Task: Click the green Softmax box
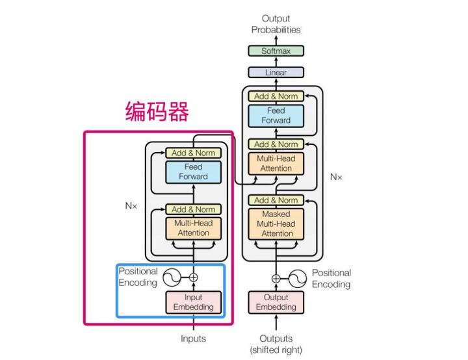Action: pos(276,51)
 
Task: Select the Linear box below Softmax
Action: pos(276,73)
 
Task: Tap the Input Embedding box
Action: pos(193,302)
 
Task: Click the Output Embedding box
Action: pos(276,302)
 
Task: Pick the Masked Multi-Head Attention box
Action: pos(276,224)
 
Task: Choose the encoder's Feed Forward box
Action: pos(193,172)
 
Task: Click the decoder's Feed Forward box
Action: pos(276,116)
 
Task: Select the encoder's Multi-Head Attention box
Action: pos(193,227)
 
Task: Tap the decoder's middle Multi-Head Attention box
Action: pos(276,162)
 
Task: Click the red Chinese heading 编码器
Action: pos(157,112)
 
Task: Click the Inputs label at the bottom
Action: pos(193,339)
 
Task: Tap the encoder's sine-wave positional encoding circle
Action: pos(172,277)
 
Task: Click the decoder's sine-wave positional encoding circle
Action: pos(298,278)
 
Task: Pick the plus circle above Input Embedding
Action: pos(193,277)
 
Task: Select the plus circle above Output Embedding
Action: pos(276,278)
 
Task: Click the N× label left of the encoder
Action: pos(131,205)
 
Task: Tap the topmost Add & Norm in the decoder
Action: pos(276,96)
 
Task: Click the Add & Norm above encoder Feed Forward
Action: pos(193,153)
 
